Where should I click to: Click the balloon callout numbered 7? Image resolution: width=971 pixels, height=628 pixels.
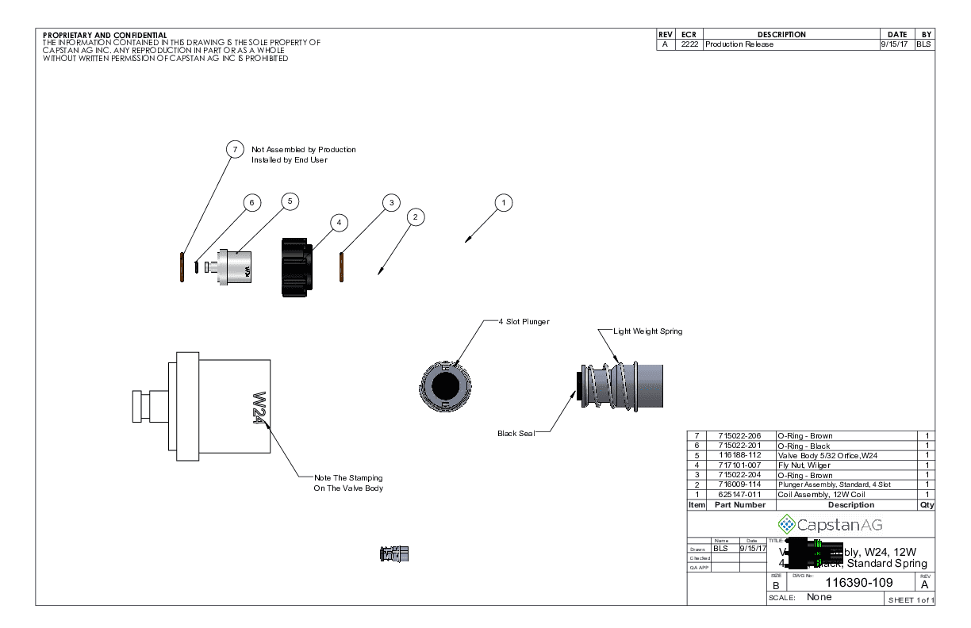pyautogui.click(x=233, y=148)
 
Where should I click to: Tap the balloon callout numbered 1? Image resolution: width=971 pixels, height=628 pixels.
pyautogui.click(x=502, y=203)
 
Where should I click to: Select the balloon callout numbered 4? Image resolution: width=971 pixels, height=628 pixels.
pyautogui.click(x=339, y=223)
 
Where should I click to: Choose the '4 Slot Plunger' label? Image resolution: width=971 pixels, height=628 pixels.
pyautogui.click(x=524, y=321)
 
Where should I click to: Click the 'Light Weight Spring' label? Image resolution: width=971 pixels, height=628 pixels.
pyautogui.click(x=647, y=331)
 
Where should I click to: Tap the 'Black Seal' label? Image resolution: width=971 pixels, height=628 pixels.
pyautogui.click(x=517, y=433)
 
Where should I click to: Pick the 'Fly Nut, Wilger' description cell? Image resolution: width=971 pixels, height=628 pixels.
pyautogui.click(x=804, y=465)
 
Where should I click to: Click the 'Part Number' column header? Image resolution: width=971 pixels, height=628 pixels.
pyautogui.click(x=739, y=504)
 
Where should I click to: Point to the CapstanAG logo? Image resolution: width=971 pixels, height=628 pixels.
pyautogui.click(x=830, y=524)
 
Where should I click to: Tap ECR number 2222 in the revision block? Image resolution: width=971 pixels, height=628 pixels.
pyautogui.click(x=689, y=44)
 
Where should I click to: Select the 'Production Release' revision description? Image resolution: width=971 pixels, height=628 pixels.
pyautogui.click(x=739, y=44)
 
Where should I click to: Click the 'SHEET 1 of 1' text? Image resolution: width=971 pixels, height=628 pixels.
pyautogui.click(x=912, y=599)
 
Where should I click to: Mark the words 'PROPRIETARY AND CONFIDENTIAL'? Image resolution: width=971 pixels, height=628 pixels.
pyautogui.click(x=105, y=35)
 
